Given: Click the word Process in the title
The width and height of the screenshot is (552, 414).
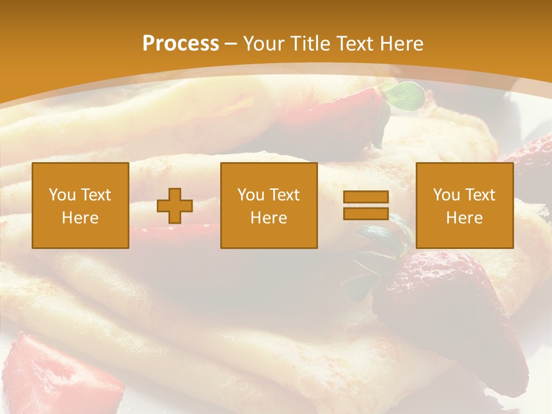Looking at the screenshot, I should (x=181, y=44).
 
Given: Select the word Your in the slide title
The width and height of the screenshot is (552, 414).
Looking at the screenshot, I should (x=262, y=44).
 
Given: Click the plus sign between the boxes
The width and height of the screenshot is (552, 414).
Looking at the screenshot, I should (x=175, y=206).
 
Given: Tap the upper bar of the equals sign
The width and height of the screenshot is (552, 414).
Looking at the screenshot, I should (x=366, y=197).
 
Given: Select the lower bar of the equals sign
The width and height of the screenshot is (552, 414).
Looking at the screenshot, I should (x=366, y=213).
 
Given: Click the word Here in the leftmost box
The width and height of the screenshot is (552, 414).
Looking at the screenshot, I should (x=80, y=218).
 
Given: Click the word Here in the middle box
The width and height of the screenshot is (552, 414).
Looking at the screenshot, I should (x=269, y=218).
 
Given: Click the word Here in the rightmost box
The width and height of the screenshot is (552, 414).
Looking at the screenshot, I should (x=464, y=218).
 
